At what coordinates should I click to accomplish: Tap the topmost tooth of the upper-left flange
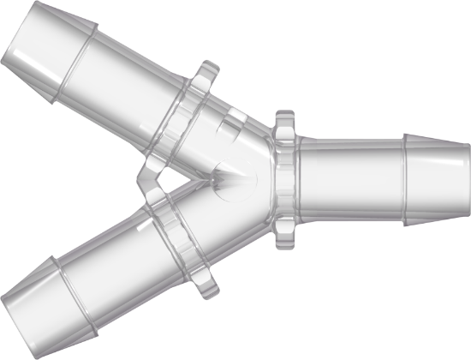pos(206,65)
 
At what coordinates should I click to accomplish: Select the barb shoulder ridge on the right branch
pos(405,180)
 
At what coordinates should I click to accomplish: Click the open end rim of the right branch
pos(467,180)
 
